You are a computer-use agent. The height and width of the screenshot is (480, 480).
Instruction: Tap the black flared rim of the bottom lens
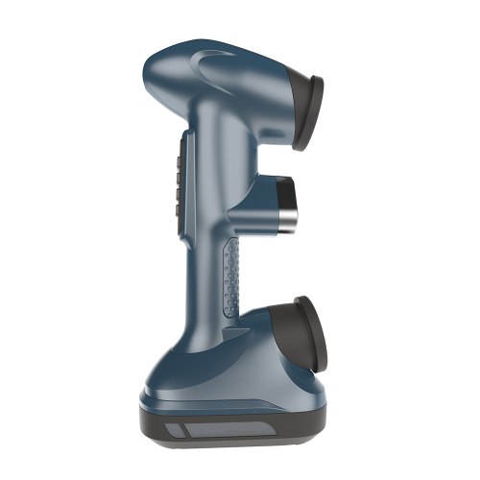point(312,336)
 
